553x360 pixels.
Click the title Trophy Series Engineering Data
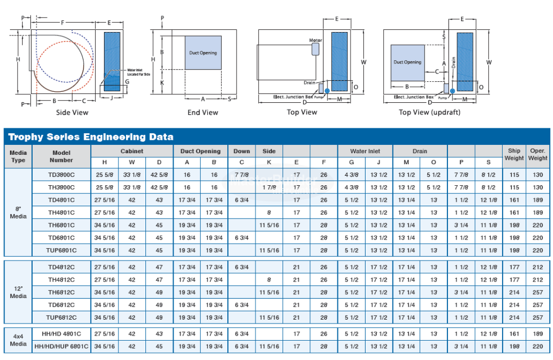tap(91, 137)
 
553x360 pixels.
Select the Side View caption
tap(72, 112)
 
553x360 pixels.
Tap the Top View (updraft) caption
tap(429, 112)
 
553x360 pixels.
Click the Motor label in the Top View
tap(316, 40)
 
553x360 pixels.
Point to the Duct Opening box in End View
tap(203, 53)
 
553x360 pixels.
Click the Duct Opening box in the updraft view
tap(408, 62)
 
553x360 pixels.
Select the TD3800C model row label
tap(61, 175)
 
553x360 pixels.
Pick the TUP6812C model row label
tap(61, 317)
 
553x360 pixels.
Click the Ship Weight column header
tap(514, 154)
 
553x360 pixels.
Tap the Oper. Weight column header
tap(538, 154)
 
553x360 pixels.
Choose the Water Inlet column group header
tap(365, 151)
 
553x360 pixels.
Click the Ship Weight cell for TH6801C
tap(514, 225)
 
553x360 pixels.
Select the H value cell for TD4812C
tap(105, 267)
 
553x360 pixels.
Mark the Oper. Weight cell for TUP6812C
tap(538, 317)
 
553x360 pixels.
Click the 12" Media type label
tap(18, 292)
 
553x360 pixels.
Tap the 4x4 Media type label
tap(18, 340)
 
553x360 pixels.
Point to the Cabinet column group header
tap(132, 151)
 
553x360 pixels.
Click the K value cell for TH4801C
tap(269, 212)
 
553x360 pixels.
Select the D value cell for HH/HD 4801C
tap(159, 333)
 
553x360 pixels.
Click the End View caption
tap(203, 112)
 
